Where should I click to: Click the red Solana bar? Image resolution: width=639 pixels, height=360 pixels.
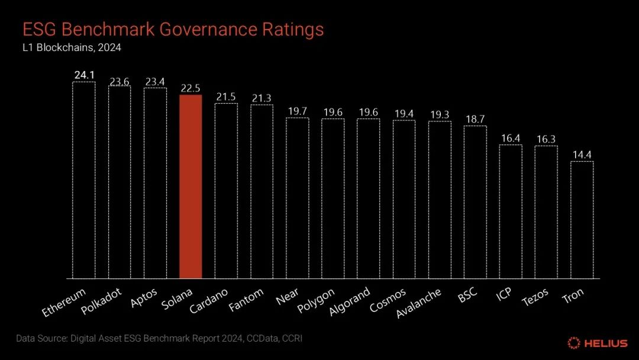(191, 187)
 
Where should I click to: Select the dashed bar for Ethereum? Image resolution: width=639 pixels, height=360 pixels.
(83, 180)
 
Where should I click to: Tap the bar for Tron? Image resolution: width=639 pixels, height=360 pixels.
(582, 220)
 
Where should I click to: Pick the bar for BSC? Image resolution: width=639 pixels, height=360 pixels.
(475, 202)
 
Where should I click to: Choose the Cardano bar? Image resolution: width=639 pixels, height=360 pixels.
(226, 191)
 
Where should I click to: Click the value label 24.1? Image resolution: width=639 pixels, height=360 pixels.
(84, 75)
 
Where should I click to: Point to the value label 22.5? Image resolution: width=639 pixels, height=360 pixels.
(191, 88)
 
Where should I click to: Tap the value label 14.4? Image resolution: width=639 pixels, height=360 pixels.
(582, 155)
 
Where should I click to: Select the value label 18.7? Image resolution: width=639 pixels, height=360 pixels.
(475, 119)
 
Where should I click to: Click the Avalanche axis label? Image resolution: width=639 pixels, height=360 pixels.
(418, 303)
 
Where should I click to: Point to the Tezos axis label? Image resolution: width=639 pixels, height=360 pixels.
(535, 298)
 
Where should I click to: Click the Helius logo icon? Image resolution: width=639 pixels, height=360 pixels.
(573, 343)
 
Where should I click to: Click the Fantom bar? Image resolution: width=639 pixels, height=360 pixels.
(262, 191)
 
